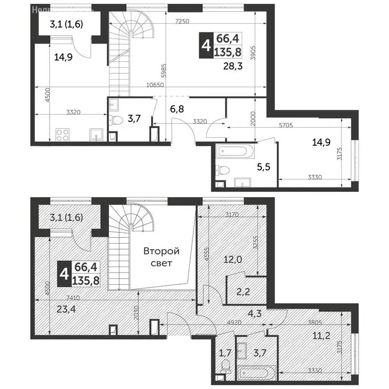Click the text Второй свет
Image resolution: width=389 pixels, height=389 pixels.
pyautogui.click(x=161, y=257)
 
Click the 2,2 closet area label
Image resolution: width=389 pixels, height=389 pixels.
pyautogui.click(x=244, y=291)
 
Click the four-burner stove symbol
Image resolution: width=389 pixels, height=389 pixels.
pyautogui.click(x=62, y=135)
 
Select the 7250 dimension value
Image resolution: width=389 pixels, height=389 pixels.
pyautogui.click(x=183, y=21)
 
